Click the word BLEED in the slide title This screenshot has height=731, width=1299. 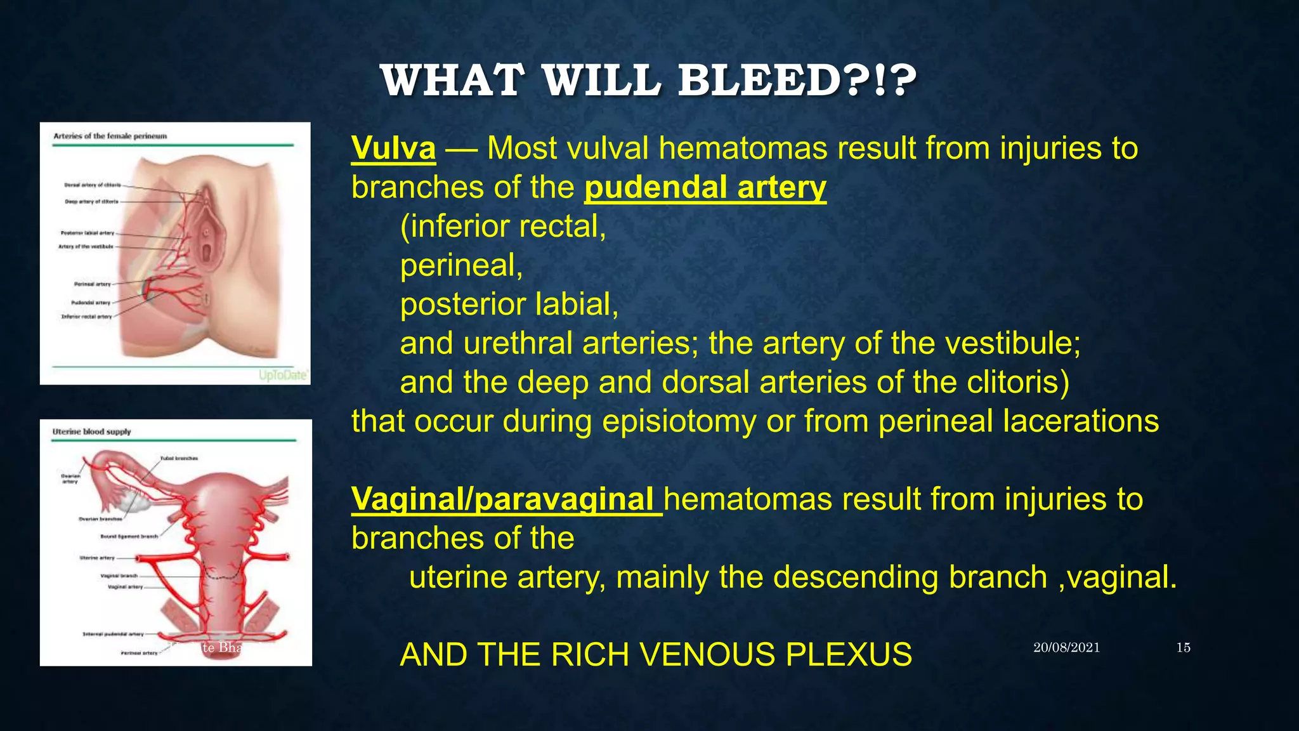(x=761, y=81)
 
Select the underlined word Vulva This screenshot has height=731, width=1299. (x=393, y=148)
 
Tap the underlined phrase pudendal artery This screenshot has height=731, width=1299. (x=705, y=188)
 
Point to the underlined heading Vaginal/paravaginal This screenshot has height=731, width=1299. (x=506, y=499)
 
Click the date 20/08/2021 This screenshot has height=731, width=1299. (x=1066, y=648)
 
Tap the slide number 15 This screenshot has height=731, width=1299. (x=1183, y=648)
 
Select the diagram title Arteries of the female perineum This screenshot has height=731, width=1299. (x=110, y=136)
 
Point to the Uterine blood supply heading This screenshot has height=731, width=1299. (x=91, y=431)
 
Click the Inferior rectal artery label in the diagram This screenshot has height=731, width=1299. (x=86, y=317)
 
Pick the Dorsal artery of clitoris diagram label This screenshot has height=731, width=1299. (x=92, y=185)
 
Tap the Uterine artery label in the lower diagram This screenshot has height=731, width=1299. (x=97, y=558)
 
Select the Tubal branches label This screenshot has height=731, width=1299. (x=179, y=458)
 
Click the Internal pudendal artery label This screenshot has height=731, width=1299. (x=113, y=634)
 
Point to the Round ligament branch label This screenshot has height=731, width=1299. (x=129, y=536)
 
